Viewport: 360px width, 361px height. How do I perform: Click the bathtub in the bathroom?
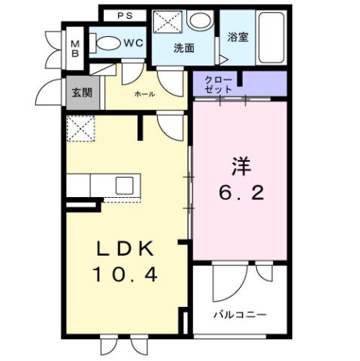click(x=268, y=38)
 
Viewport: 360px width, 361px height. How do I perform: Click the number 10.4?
click(x=125, y=276)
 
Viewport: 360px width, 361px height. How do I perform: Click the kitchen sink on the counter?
click(x=124, y=184)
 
